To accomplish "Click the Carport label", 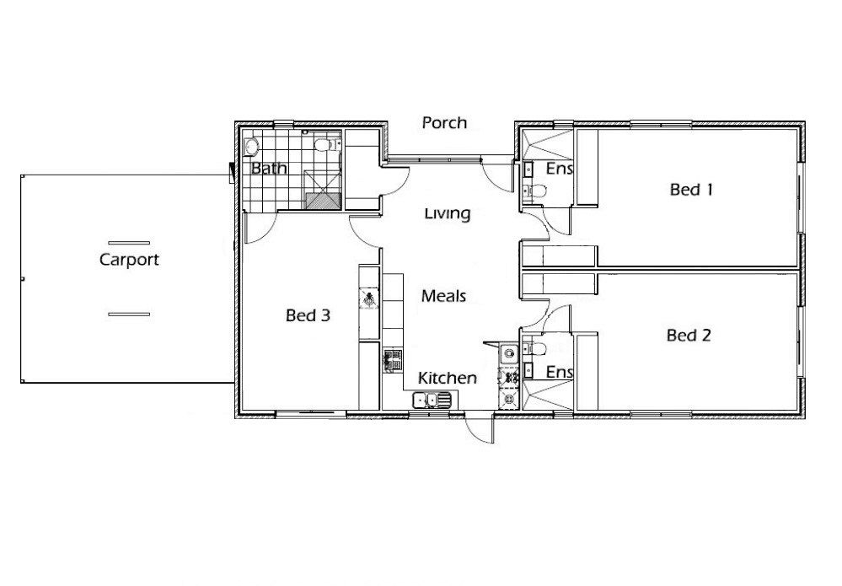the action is tap(129, 260).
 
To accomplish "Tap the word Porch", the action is tap(444, 123).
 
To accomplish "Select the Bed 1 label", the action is tap(691, 190).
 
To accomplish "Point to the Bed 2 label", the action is tap(689, 336).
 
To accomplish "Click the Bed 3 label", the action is tap(308, 315).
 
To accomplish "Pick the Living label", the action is tap(448, 214).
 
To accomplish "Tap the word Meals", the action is tap(443, 296).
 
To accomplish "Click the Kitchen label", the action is tap(448, 378).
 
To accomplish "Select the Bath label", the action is tap(269, 169).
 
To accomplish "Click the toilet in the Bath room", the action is tap(324, 145).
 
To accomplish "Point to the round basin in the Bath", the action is tap(251, 146).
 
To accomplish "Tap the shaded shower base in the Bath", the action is tap(324, 201).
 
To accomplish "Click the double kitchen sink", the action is tap(432, 401).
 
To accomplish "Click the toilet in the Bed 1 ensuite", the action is tap(535, 191).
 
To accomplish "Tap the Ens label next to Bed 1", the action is tap(559, 169).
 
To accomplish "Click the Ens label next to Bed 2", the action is tap(559, 372).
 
